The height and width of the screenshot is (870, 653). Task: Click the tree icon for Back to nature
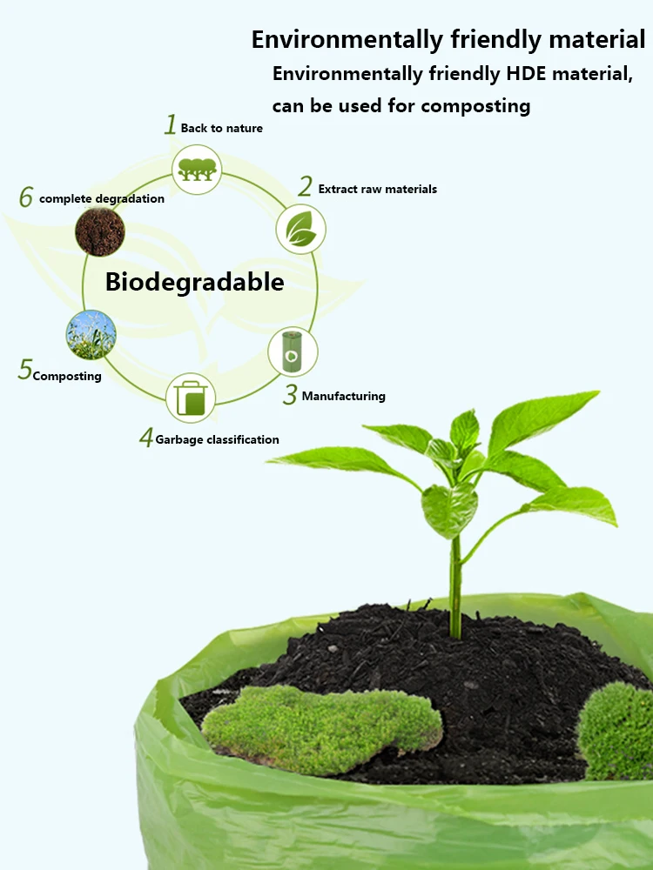196,169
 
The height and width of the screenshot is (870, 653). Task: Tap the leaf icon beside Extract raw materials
301,230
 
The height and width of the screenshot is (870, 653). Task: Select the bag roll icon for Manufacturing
293,351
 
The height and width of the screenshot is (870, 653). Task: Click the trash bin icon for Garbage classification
191,398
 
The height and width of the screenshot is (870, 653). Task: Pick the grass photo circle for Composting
91,335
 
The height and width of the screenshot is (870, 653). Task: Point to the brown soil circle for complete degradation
100,231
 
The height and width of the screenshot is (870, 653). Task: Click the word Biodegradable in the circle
194,282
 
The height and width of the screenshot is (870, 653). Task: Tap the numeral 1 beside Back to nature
171,125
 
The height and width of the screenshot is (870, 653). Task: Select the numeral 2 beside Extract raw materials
305,186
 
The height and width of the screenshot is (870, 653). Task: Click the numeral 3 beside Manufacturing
290,395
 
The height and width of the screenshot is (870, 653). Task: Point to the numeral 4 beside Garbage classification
146,438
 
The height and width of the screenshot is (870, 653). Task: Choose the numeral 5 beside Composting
24,370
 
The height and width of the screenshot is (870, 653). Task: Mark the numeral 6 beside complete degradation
26,198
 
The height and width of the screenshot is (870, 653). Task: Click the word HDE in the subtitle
526,74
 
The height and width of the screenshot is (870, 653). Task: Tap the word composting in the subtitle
475,106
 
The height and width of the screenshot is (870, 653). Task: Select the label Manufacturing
343,396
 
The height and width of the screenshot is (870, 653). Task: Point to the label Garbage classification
218,439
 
